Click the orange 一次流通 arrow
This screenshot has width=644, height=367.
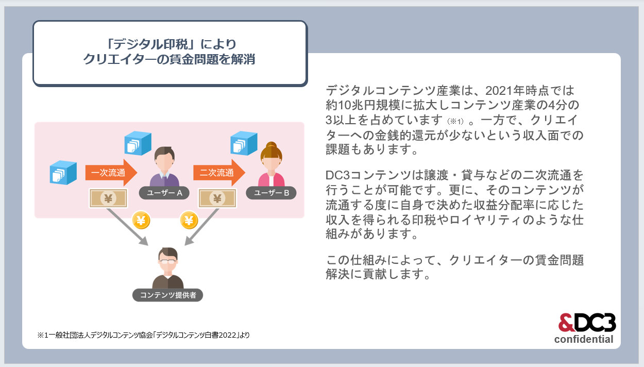pos(111,173)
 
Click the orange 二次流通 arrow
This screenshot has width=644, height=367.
pos(219,173)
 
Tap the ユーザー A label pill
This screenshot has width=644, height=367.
pos(164,193)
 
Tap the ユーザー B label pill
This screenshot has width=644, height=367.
pos(271,193)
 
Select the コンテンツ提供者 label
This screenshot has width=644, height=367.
pos(167,295)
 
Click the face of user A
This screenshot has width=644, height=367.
pos(164,162)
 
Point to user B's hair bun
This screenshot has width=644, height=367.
pos(271,145)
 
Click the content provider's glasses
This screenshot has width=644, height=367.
pos(167,262)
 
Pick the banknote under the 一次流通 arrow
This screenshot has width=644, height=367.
pos(108,198)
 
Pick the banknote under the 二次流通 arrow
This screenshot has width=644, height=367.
pos(217,198)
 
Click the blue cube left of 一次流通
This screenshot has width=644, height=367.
pos(63,173)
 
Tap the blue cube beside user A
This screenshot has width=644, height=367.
pos(138,143)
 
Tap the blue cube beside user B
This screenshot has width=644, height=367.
pos(244,143)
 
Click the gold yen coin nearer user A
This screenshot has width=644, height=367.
pos(141,220)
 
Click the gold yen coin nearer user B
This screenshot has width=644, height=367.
pos(189,220)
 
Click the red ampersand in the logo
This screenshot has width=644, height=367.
pos(566,323)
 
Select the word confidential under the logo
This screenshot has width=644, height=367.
pos(584,339)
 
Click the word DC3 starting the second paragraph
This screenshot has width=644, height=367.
pos(337,175)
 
